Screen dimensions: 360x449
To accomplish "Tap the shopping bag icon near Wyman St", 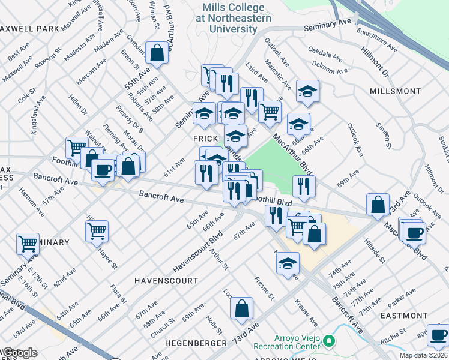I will (x=157, y=53).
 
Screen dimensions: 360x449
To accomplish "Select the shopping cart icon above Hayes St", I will (x=97, y=230).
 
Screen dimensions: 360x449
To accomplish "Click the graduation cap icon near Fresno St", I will (x=288, y=263).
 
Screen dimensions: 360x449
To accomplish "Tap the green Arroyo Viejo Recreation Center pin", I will (x=328, y=341).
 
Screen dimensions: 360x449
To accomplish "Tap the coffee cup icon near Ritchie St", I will (x=438, y=334).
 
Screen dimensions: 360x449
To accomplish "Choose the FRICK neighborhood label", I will (x=205, y=137).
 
